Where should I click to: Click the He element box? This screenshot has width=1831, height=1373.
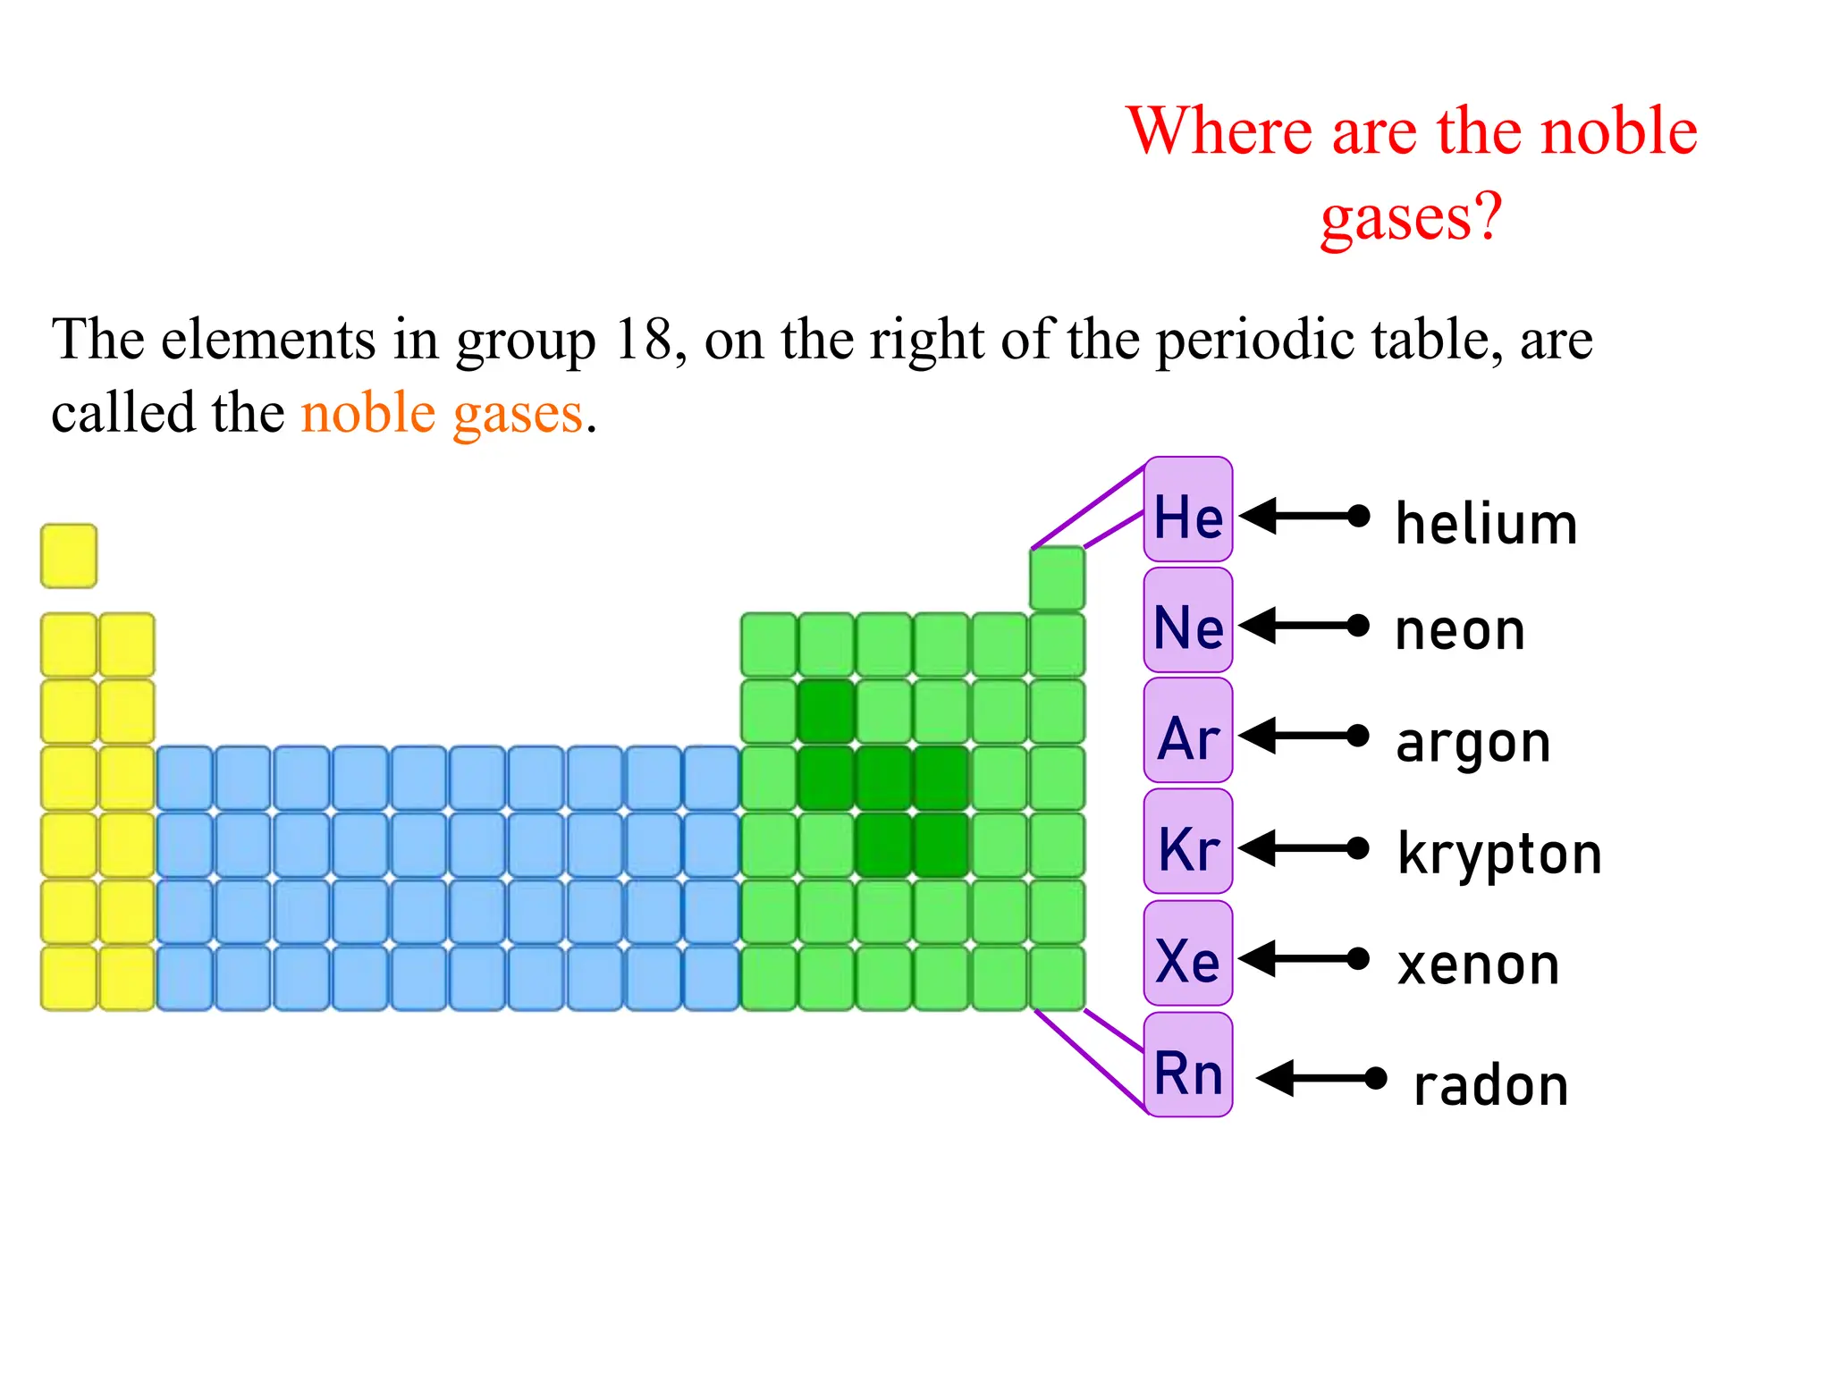(1188, 510)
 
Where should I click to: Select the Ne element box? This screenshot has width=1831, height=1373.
(1188, 620)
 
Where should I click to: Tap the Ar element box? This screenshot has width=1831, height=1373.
(1188, 731)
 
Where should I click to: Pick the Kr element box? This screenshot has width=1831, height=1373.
(1188, 842)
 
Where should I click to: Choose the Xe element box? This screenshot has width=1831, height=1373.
(1188, 954)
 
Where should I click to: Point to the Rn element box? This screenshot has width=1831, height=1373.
(1188, 1066)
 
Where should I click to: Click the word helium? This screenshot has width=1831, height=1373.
(1486, 524)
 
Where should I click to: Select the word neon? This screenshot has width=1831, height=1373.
(1460, 631)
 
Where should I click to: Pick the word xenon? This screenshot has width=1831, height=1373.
(1479, 965)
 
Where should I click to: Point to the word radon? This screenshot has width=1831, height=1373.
(1490, 1087)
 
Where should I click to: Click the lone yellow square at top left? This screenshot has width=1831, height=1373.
(69, 556)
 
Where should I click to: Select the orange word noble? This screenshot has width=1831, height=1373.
(368, 413)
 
